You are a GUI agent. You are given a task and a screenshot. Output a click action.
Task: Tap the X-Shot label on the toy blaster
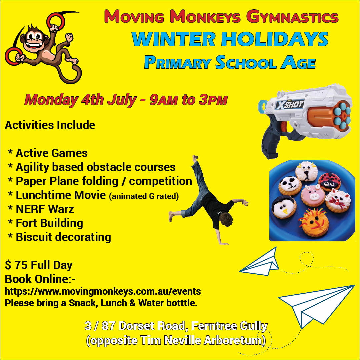(290, 105)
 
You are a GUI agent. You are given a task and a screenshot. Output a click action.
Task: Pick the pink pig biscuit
(313, 195)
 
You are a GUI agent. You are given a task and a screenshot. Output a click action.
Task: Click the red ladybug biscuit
(329, 182)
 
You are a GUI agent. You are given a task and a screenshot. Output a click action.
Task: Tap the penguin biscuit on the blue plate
(284, 207)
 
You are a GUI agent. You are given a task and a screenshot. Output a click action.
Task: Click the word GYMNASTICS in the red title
(292, 17)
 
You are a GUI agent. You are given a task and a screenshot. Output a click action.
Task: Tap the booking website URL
(103, 291)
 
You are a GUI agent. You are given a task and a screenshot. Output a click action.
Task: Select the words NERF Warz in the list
(45, 209)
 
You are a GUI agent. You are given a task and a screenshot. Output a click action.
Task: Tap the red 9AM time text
(164, 100)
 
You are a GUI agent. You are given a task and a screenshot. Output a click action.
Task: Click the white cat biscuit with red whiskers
(338, 201)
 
